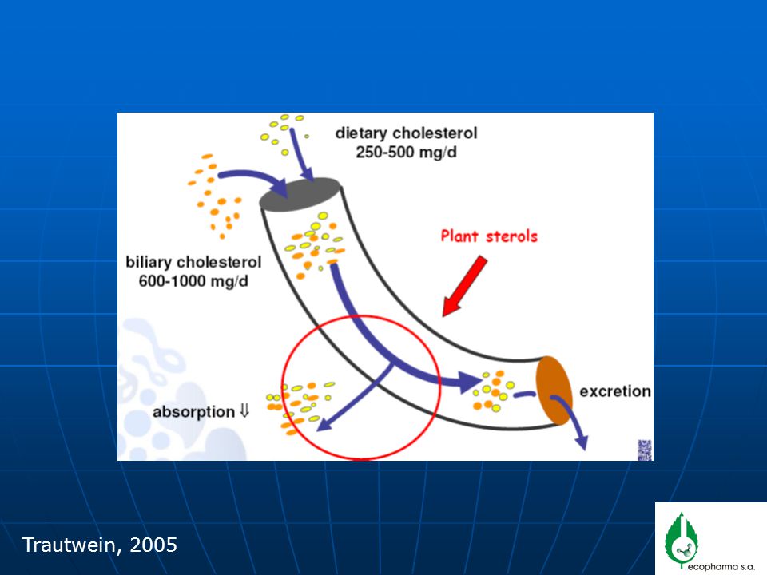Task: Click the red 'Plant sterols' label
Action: (489, 236)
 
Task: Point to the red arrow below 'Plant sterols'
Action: (465, 287)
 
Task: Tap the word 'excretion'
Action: (615, 391)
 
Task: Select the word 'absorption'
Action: (193, 412)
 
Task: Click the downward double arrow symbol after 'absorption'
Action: (244, 410)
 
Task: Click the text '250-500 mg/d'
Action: (406, 152)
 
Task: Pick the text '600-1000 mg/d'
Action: (193, 281)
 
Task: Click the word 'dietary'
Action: (361, 133)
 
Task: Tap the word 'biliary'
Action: (149, 263)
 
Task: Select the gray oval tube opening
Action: (300, 194)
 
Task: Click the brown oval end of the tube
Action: (554, 391)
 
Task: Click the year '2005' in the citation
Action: (153, 545)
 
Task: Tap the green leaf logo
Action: (682, 541)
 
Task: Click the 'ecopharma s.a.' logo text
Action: (721, 567)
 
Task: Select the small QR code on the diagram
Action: (645, 450)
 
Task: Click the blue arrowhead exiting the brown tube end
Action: (581, 442)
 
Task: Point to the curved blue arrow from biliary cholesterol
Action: (254, 175)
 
